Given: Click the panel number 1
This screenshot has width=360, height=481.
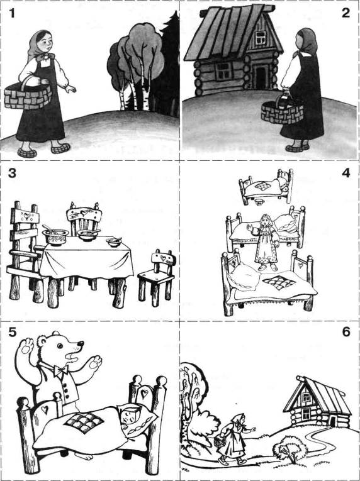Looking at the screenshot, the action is [11, 13].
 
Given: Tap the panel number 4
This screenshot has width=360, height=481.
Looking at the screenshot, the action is [346, 173].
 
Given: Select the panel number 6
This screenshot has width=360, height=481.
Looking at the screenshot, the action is [346, 332].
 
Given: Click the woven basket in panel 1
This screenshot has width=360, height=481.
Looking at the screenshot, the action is [28, 96].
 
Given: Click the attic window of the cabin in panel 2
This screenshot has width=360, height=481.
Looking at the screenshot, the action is [261, 37].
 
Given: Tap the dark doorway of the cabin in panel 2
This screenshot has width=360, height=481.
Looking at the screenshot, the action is [261, 77].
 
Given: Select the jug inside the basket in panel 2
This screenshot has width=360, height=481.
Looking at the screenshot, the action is [284, 101].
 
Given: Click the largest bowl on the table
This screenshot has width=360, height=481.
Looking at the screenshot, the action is [55, 237].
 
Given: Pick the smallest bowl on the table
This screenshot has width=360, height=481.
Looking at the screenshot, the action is [114, 242].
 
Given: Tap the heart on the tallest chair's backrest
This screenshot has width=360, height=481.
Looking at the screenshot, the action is [27, 216].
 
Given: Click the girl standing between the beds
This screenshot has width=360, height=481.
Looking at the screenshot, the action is [265, 243].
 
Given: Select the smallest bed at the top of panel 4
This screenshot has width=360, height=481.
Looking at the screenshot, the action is [266, 186].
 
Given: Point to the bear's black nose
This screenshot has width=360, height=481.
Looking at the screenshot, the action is [81, 343].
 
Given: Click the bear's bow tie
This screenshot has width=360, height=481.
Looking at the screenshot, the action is [61, 370].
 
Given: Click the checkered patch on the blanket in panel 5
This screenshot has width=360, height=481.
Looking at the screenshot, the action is [84, 421].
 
